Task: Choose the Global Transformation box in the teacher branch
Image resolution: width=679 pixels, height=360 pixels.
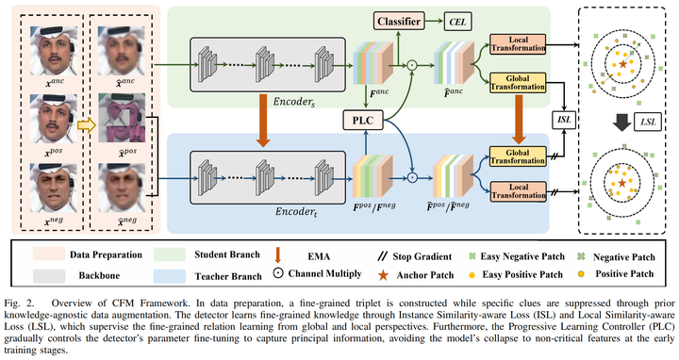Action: click(514, 152)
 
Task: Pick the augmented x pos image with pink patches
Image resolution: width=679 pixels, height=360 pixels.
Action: click(114, 121)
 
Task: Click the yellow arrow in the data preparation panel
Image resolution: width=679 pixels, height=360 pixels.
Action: click(81, 121)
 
